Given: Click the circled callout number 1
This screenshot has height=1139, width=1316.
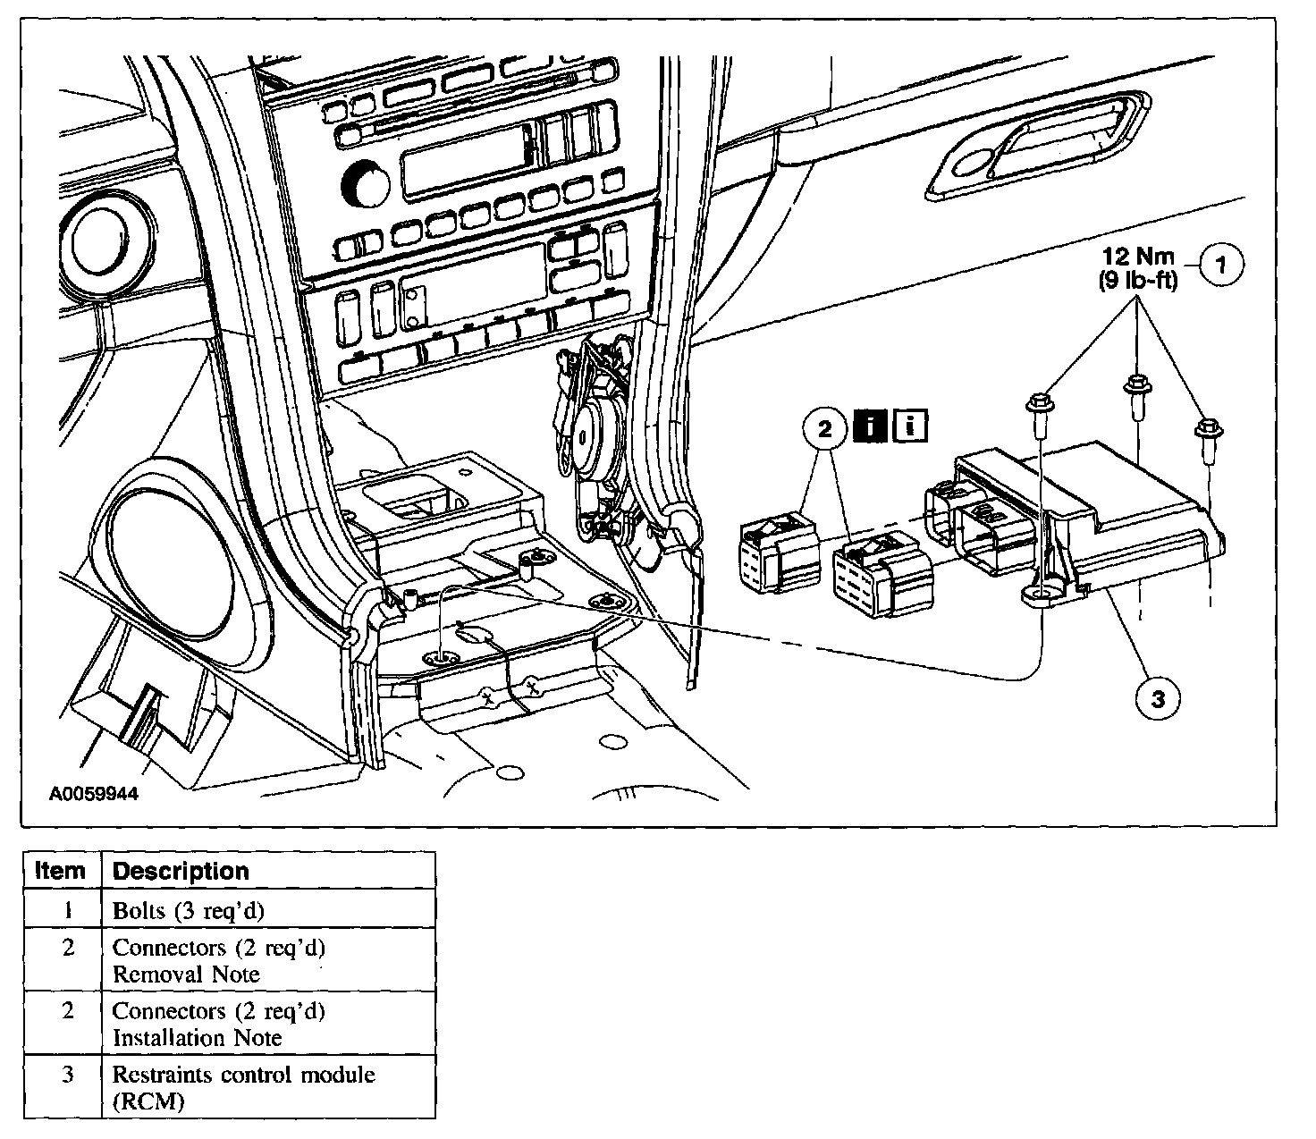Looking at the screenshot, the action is point(1221,265).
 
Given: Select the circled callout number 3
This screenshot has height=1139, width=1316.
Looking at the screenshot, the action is point(1158,699).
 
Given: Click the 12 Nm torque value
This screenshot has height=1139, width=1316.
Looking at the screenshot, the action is point(1138,256).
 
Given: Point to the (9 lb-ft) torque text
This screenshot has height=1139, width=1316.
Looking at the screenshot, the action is point(1138,280).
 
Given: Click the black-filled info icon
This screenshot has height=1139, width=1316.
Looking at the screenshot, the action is point(870,426).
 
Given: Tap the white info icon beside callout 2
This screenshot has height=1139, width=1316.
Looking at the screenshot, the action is point(910,426).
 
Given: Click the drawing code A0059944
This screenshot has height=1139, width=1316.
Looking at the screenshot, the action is point(94,794).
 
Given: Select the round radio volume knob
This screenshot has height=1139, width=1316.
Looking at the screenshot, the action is point(366,185).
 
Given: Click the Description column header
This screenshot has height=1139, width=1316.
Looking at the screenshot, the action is point(181,871).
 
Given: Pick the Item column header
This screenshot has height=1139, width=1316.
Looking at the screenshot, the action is point(60,870).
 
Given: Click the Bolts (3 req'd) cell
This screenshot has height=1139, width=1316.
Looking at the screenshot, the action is point(189,911).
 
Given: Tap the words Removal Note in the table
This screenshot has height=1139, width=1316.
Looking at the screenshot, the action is point(187,974).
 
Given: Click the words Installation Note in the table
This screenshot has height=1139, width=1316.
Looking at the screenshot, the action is point(198,1038).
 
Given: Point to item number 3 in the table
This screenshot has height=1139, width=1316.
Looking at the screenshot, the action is point(68,1075).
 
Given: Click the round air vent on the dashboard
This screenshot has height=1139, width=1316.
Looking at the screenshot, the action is point(105,247).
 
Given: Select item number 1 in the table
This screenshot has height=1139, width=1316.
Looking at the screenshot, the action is point(68,911).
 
